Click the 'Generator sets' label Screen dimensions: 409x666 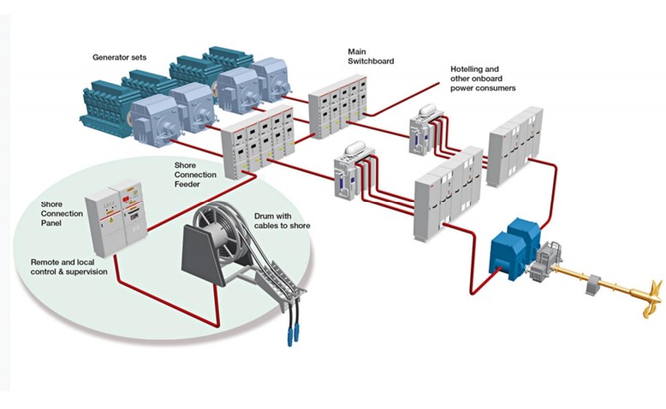click(119, 57)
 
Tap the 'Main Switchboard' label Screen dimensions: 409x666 click(367, 56)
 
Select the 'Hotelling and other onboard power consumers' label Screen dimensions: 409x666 click(483, 78)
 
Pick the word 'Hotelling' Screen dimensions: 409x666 click(469, 68)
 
